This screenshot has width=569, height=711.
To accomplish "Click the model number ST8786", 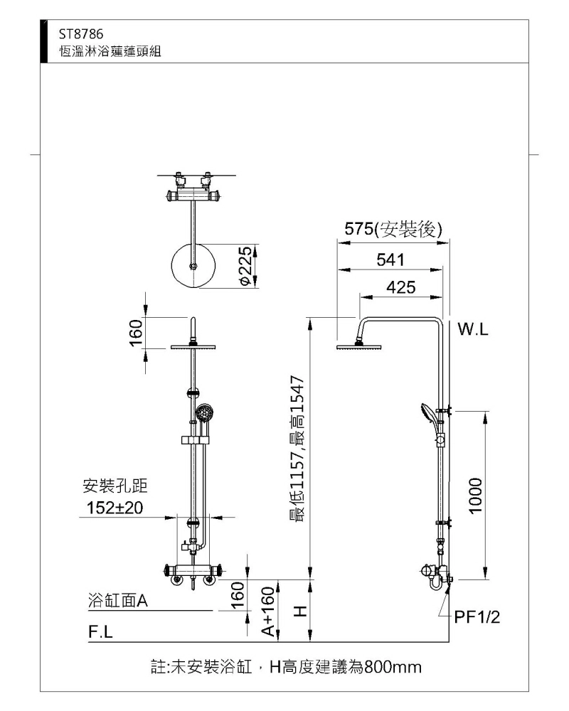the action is [x=81, y=34].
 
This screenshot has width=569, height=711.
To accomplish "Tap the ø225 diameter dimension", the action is [x=245, y=266].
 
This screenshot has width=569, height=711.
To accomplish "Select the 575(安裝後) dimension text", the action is [x=393, y=229].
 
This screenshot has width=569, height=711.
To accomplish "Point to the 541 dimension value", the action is [x=390, y=260].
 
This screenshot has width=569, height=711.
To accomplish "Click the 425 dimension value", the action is [x=401, y=287].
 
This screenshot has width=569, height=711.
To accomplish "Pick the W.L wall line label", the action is [x=473, y=330].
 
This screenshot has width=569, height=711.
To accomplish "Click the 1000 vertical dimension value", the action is [x=475, y=496].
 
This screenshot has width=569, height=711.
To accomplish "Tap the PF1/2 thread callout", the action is [x=477, y=616].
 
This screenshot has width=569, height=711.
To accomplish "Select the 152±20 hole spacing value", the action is [x=115, y=508].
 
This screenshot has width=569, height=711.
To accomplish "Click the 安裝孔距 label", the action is [x=115, y=486].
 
